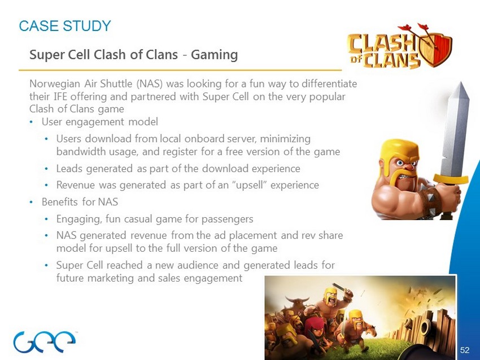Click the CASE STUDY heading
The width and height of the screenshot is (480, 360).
point(65,26)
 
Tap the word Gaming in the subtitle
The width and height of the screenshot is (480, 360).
point(214,55)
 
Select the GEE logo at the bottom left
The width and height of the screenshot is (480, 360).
point(45,341)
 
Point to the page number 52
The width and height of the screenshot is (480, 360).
point(464,350)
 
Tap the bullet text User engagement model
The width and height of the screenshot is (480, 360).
point(100,122)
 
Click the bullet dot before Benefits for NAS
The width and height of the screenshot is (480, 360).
point(31,202)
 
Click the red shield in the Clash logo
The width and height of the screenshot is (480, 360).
point(436,49)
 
